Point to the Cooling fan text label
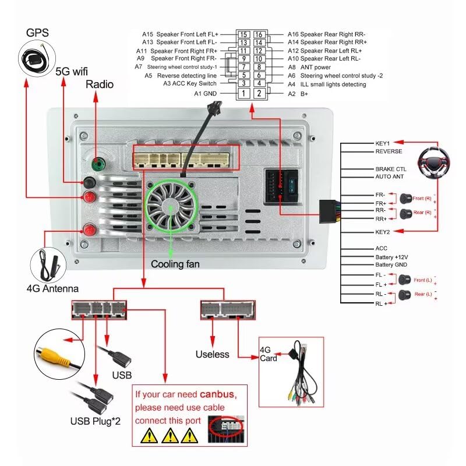pos(175,264)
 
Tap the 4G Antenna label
pos(52,288)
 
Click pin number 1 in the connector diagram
pos(244,93)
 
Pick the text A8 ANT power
pos(308,68)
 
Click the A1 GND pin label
pos(205,93)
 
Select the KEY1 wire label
pos(383,143)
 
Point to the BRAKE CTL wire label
pos(390,168)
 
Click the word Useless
pos(213,354)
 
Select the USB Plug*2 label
pos(95,421)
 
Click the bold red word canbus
pos(217,394)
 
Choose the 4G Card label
pos(269,354)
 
